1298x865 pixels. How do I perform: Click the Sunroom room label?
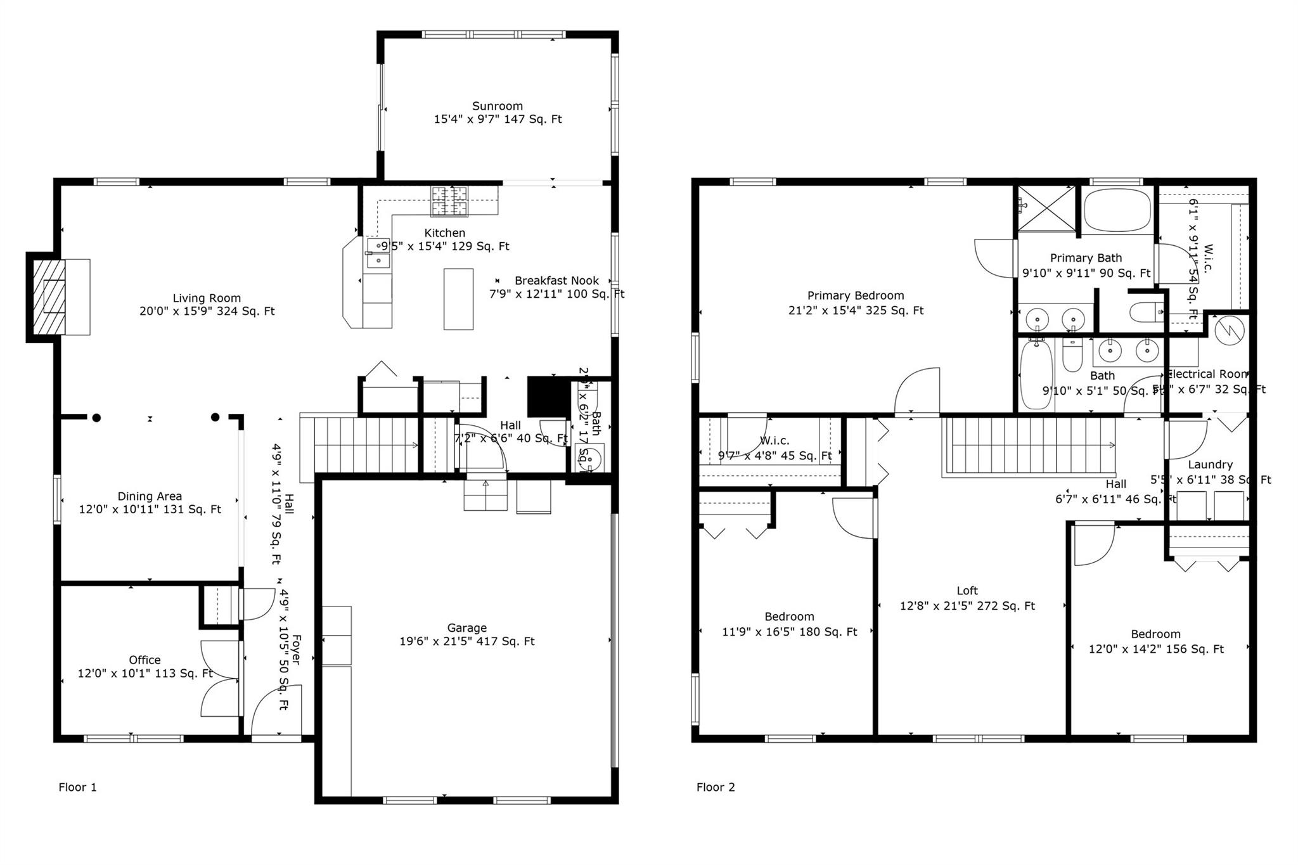tap(498, 106)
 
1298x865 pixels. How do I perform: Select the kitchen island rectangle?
tap(458, 299)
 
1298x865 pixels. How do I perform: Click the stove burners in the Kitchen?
tap(449, 201)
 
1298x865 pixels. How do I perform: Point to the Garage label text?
tap(467, 628)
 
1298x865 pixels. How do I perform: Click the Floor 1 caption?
tap(77, 787)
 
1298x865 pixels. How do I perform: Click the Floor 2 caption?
tap(716, 787)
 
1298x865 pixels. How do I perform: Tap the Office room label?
tap(145, 660)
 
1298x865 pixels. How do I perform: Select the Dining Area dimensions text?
tap(150, 509)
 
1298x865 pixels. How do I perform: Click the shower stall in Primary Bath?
tap(1046, 208)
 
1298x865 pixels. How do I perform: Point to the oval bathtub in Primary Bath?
tap(1117, 210)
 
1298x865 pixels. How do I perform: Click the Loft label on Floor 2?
tap(967, 591)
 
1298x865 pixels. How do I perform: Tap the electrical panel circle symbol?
tap(1230, 330)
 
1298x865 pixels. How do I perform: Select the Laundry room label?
tap(1210, 465)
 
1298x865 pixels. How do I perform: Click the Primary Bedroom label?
tap(856, 295)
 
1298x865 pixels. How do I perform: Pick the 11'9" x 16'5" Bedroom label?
tap(789, 617)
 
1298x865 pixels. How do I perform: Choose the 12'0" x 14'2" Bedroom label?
tap(1155, 634)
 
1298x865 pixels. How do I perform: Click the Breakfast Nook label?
tap(556, 281)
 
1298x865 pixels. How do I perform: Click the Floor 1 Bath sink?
tap(589, 457)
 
